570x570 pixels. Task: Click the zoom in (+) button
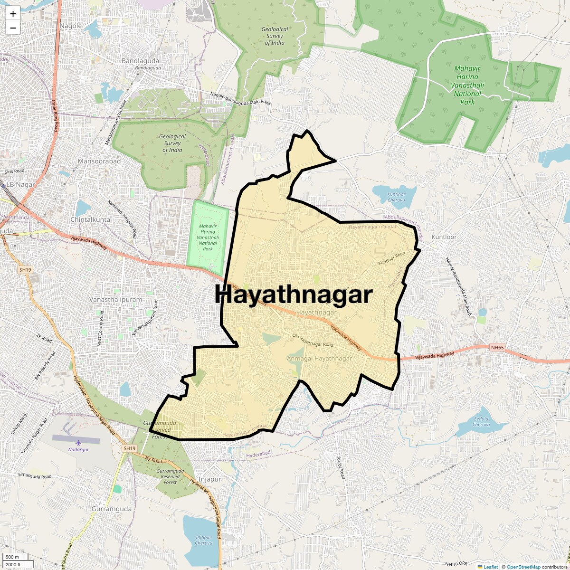pos(13,14)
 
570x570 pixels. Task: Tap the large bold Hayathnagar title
pos(293,295)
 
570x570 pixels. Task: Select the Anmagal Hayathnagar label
pos(320,358)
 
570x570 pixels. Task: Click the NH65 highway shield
pos(497,347)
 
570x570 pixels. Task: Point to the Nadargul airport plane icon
pos(78,443)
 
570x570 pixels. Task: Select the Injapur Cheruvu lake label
pos(204,540)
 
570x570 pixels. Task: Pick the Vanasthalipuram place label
pos(116,300)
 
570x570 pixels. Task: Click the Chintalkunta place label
pos(90,219)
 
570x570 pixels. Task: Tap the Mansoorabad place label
pos(99,161)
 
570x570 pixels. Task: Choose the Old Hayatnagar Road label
pos(313,341)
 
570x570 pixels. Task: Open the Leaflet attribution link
pos(491,567)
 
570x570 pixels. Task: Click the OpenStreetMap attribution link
pos(523,567)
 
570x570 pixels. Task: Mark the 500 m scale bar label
pos(13,557)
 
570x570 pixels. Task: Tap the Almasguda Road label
pos(35,475)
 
